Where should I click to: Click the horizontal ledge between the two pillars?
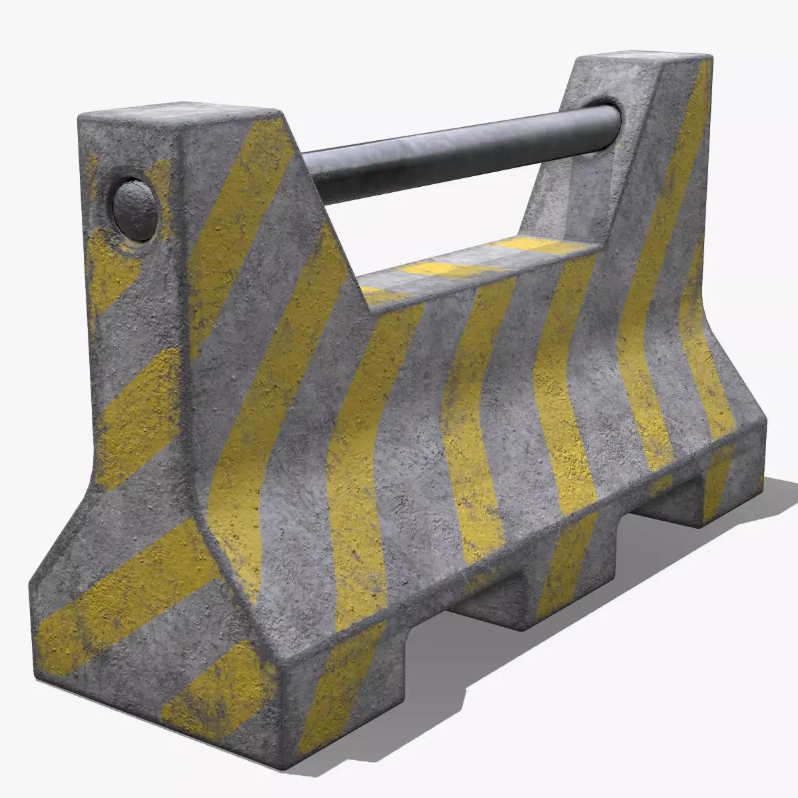tap(479, 266)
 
